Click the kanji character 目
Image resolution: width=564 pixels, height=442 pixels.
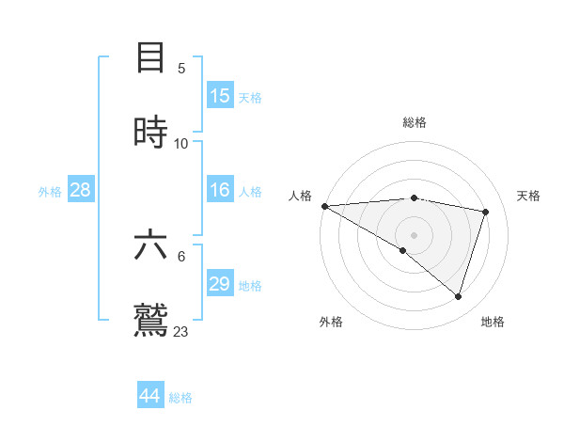click(x=151, y=57)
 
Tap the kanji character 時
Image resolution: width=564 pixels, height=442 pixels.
click(x=151, y=132)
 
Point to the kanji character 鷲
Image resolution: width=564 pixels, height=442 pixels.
click(x=151, y=320)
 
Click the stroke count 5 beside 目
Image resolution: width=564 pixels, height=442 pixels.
click(x=181, y=69)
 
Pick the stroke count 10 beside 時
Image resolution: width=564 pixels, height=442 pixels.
click(x=181, y=144)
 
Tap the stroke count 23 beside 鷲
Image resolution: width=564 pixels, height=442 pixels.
click(x=181, y=332)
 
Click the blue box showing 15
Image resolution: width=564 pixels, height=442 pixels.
click(x=220, y=95)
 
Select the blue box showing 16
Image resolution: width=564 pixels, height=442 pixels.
click(x=220, y=190)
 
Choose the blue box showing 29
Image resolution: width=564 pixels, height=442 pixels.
click(x=220, y=284)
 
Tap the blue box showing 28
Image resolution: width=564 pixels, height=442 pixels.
click(x=81, y=190)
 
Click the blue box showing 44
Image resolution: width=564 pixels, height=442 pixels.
click(x=150, y=396)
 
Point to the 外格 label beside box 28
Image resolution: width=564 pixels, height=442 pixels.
click(x=50, y=191)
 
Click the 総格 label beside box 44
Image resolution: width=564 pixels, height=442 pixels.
click(x=180, y=398)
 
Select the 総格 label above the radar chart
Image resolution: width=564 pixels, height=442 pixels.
click(x=415, y=122)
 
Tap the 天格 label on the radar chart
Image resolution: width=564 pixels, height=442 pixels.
click(x=529, y=196)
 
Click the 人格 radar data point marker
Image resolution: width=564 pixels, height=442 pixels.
click(x=324, y=206)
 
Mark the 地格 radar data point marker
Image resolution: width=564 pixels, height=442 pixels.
click(x=458, y=296)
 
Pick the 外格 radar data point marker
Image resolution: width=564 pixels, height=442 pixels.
click(x=403, y=250)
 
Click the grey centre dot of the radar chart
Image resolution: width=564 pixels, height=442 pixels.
click(x=415, y=234)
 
